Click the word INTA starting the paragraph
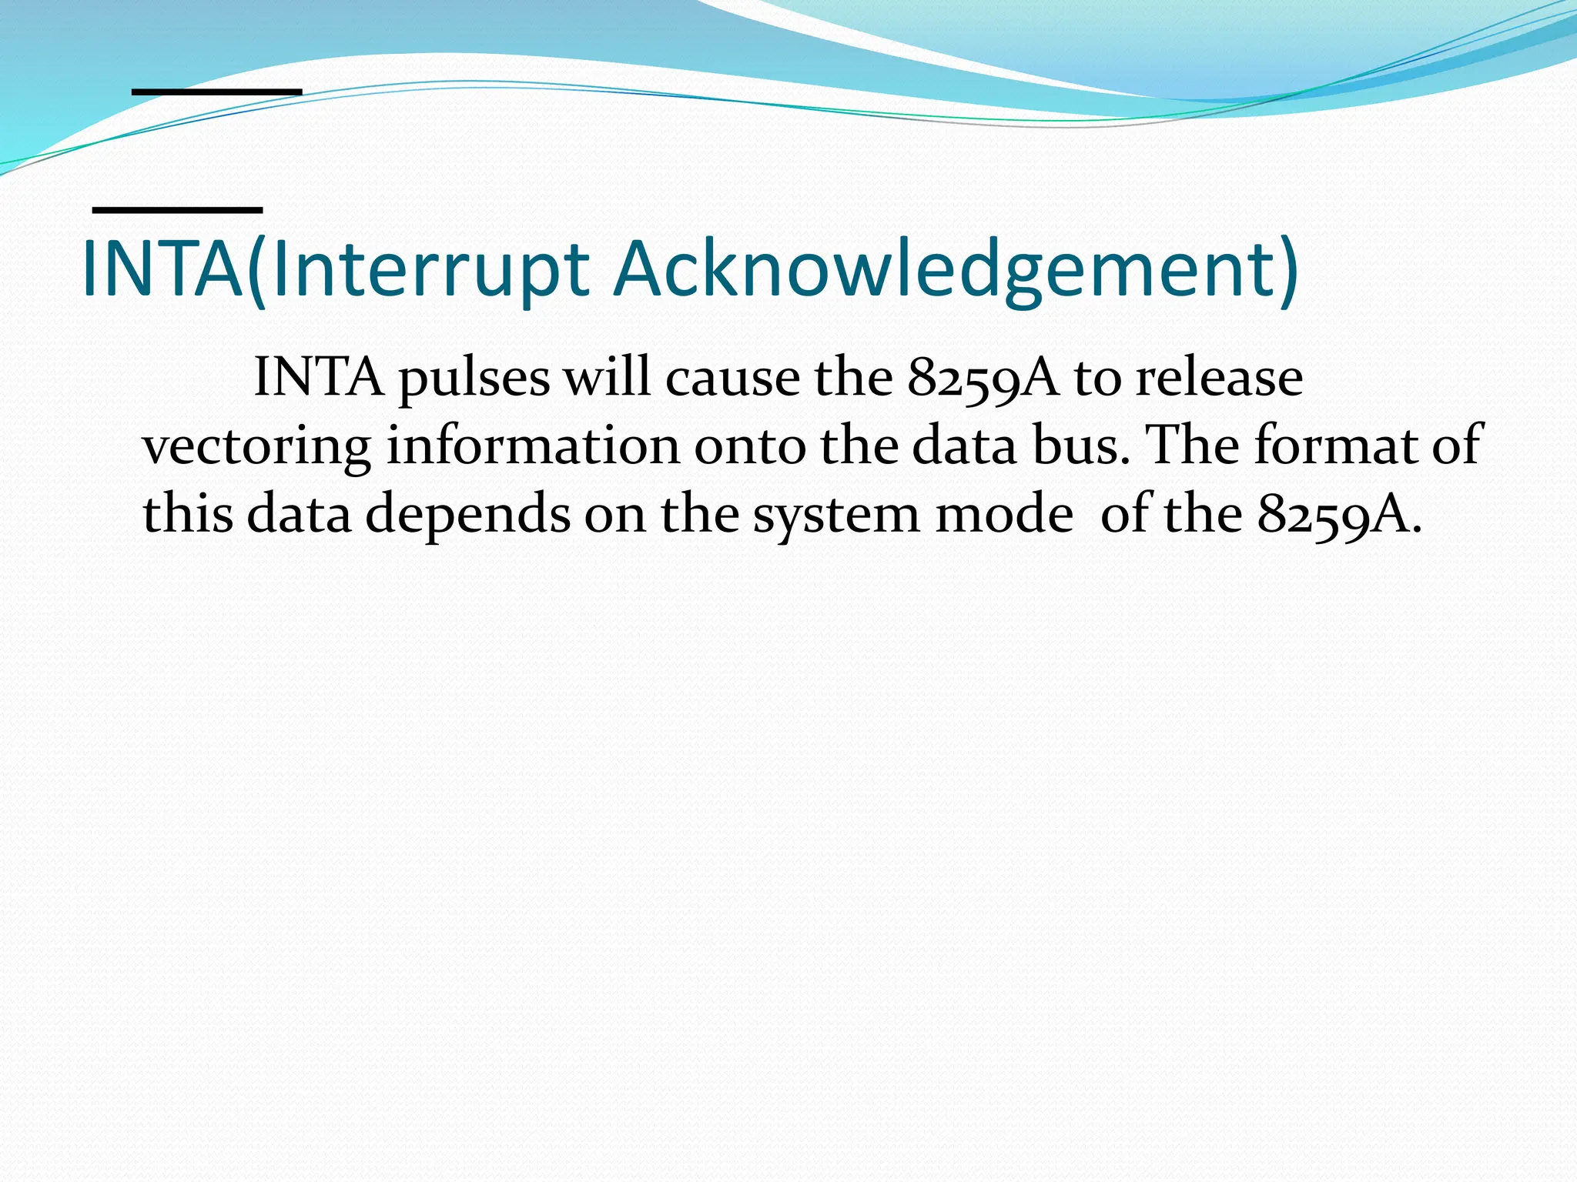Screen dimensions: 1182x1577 pos(318,378)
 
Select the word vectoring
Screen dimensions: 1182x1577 pos(256,447)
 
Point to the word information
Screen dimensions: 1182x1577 pos(533,446)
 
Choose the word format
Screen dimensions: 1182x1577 pos(1335,446)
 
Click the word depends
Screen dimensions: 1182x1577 pos(467,515)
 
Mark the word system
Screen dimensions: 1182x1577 pos(835,515)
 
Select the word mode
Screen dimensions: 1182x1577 pos(1003,513)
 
